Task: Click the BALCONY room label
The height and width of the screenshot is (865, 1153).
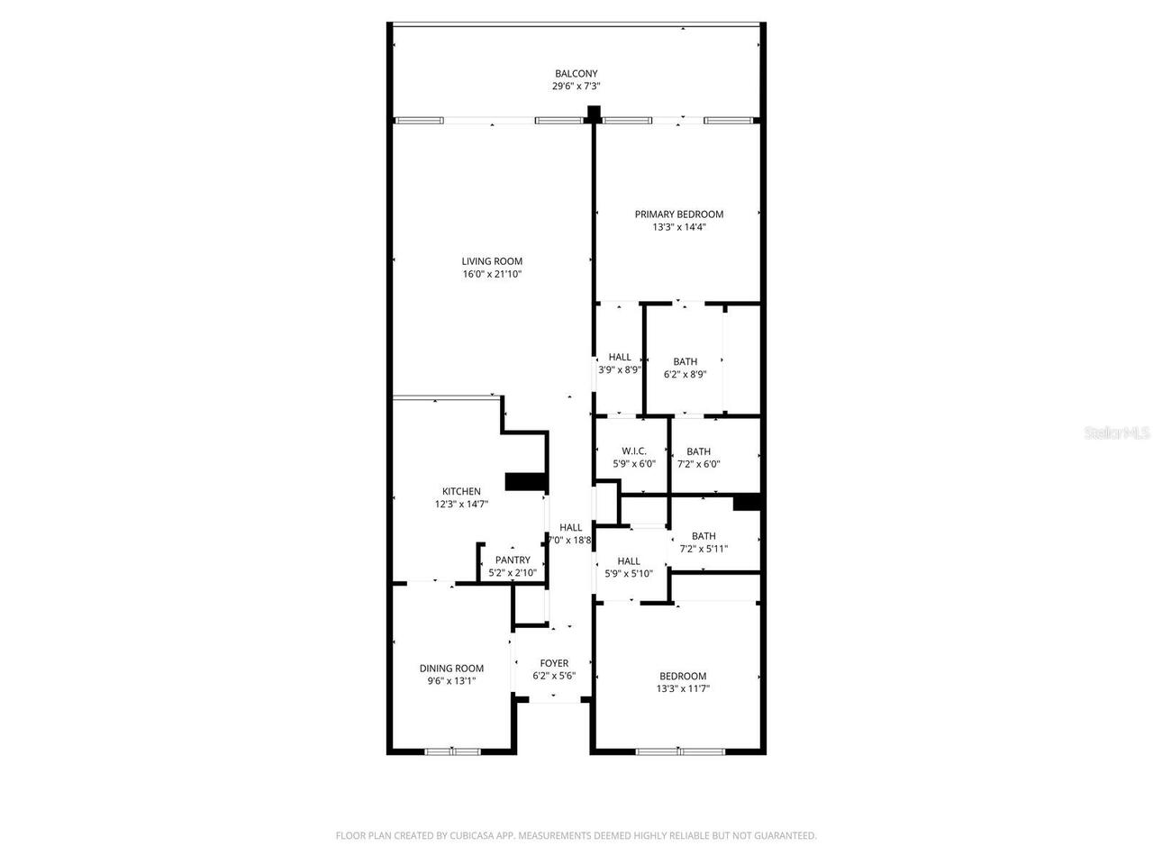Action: (x=576, y=74)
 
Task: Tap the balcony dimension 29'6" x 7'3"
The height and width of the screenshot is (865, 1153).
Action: (x=576, y=86)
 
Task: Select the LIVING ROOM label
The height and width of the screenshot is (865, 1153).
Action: (x=492, y=261)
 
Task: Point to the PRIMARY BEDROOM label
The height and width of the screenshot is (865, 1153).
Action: (x=678, y=214)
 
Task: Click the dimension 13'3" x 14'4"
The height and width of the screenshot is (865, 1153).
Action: (x=678, y=227)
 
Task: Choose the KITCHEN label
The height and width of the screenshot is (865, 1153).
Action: (x=461, y=492)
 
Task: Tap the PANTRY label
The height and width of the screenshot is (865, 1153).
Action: (x=513, y=560)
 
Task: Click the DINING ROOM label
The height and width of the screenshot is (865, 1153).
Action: (x=451, y=669)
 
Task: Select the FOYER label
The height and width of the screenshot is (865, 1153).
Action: (x=554, y=663)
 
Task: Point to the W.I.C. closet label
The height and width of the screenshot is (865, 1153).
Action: (x=634, y=451)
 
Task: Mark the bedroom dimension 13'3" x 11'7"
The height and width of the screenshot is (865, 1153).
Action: (x=683, y=689)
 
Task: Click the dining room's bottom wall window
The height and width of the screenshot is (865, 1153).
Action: (x=453, y=751)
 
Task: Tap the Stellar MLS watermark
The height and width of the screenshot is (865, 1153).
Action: (x=1117, y=433)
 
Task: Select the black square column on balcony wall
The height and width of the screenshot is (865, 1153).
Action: (x=594, y=113)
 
